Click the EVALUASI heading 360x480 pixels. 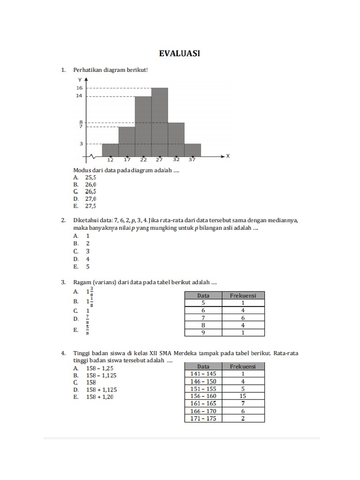[180, 54]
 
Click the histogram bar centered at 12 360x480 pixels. [110, 150]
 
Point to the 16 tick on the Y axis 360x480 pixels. [79, 88]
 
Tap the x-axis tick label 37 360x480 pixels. [192, 159]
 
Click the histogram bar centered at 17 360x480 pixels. [127, 142]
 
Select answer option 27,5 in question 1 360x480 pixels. [90, 206]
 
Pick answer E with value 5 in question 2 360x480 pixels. [88, 267]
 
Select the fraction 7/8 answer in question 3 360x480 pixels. [88, 319]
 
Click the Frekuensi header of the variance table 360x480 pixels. [242, 295]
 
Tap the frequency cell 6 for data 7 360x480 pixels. [242, 318]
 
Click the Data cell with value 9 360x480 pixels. [203, 333]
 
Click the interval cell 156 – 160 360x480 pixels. [203, 396]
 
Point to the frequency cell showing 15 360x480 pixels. [242, 396]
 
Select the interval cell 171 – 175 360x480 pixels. [203, 419]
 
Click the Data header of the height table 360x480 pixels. [203, 367]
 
